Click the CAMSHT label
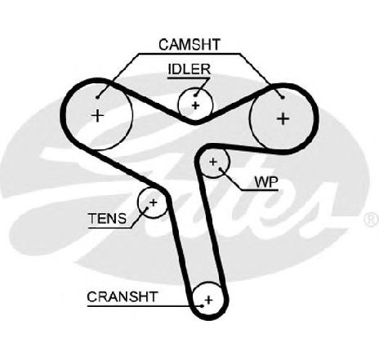(189, 45)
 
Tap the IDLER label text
(189, 69)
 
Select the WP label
(266, 182)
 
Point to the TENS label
(107, 218)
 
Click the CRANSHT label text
(122, 296)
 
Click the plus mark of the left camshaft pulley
(97, 116)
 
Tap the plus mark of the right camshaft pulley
(283, 118)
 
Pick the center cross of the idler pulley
(195, 105)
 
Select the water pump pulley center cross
(213, 162)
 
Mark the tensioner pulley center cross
(154, 202)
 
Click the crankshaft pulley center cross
(209, 300)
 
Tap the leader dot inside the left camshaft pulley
(98, 97)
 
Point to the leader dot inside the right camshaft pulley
(283, 97)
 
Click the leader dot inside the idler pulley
(195, 95)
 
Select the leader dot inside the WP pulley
(221, 169)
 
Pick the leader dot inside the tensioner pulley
(147, 209)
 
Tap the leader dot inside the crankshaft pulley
(202, 306)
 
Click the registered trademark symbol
(371, 220)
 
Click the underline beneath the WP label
(260, 189)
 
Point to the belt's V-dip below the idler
(194, 122)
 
